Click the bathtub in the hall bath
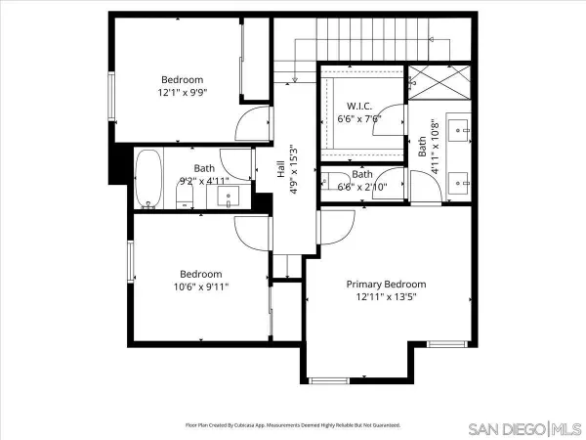click(x=148, y=179)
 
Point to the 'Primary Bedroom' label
click(x=387, y=285)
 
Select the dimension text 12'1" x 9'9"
click(x=183, y=93)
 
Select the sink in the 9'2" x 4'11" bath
click(x=230, y=197)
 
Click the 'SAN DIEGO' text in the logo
click(x=505, y=428)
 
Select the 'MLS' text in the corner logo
click(x=565, y=428)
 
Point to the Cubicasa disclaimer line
click(x=292, y=425)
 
